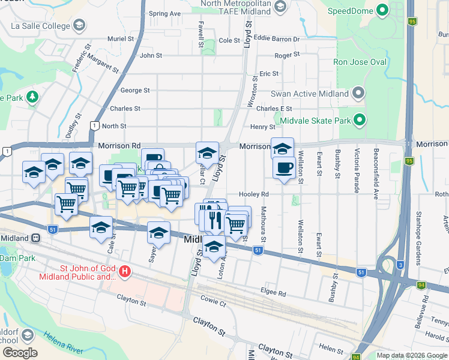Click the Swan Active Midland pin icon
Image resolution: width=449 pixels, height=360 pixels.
358,94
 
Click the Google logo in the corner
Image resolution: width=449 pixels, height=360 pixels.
19,353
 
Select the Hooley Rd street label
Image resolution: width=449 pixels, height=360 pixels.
253,194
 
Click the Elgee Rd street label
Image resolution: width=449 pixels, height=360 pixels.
274,293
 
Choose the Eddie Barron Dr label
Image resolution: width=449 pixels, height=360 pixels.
276,39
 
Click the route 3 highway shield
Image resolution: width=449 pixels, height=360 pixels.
400,263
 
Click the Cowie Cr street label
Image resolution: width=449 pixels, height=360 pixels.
214,304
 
